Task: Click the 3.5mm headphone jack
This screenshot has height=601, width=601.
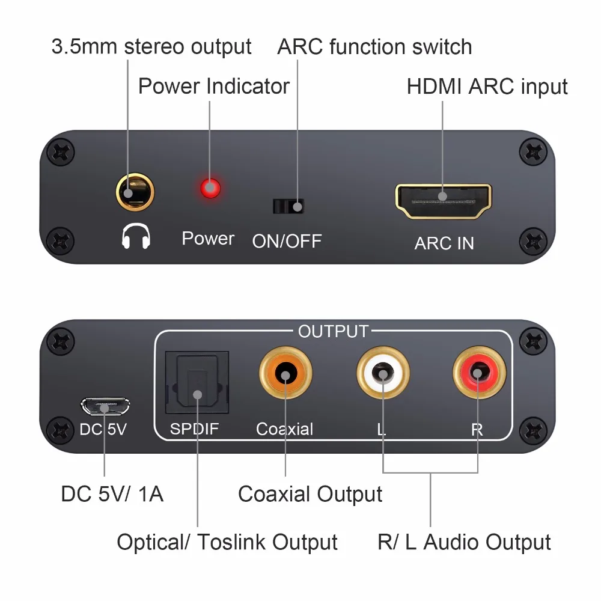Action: point(135,192)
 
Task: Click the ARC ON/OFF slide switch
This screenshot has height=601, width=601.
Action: point(288,206)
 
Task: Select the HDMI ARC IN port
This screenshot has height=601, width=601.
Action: point(444,201)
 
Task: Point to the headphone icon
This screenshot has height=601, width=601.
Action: point(136,237)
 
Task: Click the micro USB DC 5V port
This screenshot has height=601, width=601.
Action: point(105,407)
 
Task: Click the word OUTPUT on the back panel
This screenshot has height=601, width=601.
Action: point(333,331)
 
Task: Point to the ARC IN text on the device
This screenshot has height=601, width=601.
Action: point(444,243)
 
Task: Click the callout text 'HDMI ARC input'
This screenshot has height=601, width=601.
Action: point(487,87)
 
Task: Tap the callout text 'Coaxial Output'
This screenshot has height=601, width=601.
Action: point(310,494)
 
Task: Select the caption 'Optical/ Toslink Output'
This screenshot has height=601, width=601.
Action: point(227,542)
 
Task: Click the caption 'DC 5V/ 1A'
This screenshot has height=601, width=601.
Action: point(112,494)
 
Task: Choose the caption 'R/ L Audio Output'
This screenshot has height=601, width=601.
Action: point(464,542)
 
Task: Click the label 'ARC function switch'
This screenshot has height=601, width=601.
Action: point(374,47)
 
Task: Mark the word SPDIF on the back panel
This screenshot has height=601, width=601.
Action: point(194,429)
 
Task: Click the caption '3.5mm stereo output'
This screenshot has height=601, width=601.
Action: point(151,47)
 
